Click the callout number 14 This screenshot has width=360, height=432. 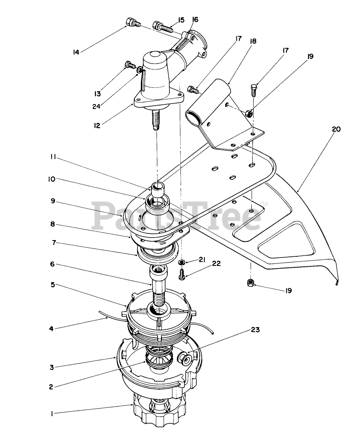point(76,52)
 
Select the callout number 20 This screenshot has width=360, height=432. point(336,129)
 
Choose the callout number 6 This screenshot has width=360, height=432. point(52,264)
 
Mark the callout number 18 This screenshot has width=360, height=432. point(253,41)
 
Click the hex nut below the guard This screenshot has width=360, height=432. point(251,283)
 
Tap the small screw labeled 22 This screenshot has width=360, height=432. point(181,274)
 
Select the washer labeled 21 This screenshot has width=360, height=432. point(181,263)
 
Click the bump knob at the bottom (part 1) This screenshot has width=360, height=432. point(160,412)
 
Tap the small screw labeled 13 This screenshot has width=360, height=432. point(129,65)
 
